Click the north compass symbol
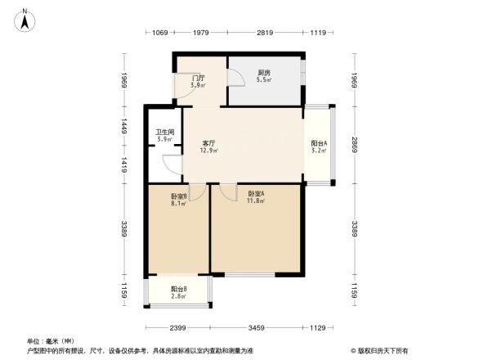pyautogui.click(x=25, y=19)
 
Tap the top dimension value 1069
pyautogui.click(x=159, y=33)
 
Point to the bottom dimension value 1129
pyautogui.click(x=319, y=328)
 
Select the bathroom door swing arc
pyautogui.click(x=172, y=164)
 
